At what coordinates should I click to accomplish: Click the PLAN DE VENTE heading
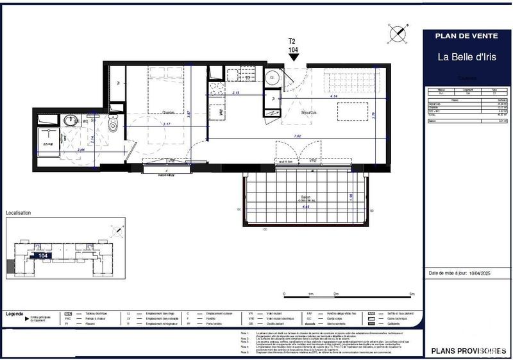click(x=466, y=36)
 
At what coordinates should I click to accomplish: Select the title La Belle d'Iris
click(x=466, y=56)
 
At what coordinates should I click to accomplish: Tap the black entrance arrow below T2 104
click(x=294, y=58)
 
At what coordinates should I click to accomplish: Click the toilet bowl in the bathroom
click(x=114, y=125)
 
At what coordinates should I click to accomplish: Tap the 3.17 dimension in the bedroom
click(x=167, y=123)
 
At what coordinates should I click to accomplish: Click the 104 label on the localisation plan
click(x=44, y=255)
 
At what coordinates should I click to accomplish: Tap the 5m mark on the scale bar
click(x=412, y=294)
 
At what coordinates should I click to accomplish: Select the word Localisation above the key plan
click(x=19, y=212)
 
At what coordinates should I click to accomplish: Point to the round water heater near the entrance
click(x=273, y=77)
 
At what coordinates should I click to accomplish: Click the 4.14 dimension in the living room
click(x=334, y=98)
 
